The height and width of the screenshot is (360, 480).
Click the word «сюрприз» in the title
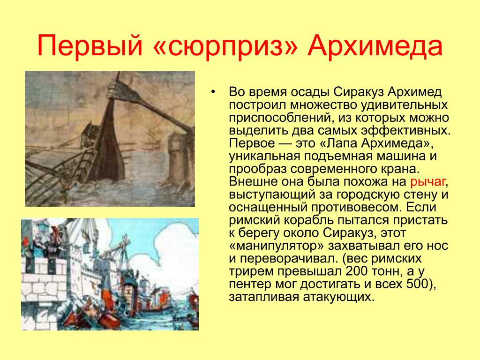coord(225,46)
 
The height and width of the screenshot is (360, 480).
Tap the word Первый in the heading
coord(90,46)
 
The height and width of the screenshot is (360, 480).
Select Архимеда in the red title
coord(375,46)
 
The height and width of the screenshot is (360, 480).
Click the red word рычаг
coord(427,182)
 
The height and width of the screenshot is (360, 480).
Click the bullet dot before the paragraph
coord(213,92)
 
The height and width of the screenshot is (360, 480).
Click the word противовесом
coord(356,207)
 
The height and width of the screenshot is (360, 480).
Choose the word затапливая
coord(263,297)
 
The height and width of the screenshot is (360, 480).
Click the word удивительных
coord(404,105)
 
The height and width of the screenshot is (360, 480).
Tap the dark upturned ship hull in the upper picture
coord(107,144)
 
